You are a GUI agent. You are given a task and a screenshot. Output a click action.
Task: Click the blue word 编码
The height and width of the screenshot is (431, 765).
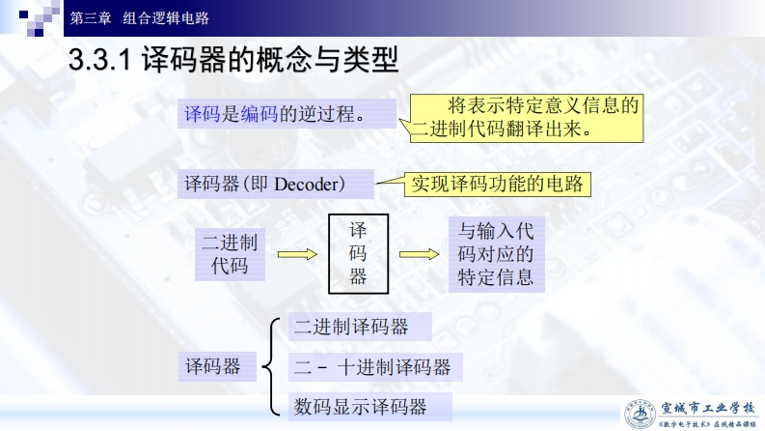260,115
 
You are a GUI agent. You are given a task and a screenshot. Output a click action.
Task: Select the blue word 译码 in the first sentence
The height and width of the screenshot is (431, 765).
203,115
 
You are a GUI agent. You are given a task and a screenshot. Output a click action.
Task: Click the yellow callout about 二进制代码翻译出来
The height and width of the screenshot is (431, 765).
527,117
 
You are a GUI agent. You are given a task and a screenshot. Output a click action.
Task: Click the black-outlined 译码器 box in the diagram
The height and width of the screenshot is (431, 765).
358,254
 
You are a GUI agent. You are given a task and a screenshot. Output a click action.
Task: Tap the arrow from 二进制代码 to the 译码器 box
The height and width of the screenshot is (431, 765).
297,254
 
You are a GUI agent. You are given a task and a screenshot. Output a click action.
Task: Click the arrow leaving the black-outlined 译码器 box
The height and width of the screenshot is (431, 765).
419,254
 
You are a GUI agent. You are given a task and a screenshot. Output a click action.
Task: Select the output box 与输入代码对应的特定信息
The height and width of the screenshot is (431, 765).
496,254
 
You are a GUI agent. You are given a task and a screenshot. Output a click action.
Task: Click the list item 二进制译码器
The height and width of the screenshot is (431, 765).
351,328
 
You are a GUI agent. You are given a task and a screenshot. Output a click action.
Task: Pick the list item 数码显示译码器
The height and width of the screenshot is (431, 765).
360,406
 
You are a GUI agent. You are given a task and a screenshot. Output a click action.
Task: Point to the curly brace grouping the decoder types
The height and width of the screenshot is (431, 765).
272,367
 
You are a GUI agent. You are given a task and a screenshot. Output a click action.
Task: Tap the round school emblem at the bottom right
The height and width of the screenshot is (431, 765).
638,413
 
